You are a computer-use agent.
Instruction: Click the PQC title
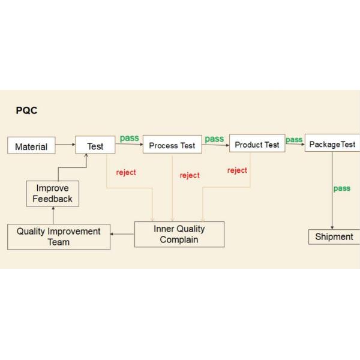[27, 111]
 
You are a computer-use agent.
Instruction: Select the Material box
[31, 146]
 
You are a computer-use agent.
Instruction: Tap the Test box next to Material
[95, 146]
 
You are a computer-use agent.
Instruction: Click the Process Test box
[172, 145]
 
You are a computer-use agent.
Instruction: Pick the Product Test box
[257, 144]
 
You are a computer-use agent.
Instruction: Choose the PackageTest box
[332, 143]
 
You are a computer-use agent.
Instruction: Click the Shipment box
[334, 236]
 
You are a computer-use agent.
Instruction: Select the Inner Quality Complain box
[179, 234]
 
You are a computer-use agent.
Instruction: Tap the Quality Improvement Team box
[59, 236]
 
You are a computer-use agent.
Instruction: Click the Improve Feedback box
[53, 193]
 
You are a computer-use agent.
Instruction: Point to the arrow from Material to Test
[65, 145]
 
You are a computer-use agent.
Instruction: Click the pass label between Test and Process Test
[129, 138]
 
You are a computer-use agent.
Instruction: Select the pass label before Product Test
[214, 139]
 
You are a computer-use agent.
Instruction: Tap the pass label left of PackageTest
[294, 140]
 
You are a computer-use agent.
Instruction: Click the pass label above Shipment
[341, 188]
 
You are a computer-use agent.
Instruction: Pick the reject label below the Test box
[126, 173]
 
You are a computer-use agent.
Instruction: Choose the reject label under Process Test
[190, 175]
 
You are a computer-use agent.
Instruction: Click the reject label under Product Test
[237, 170]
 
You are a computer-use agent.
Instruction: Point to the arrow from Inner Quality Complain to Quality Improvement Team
[122, 235]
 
